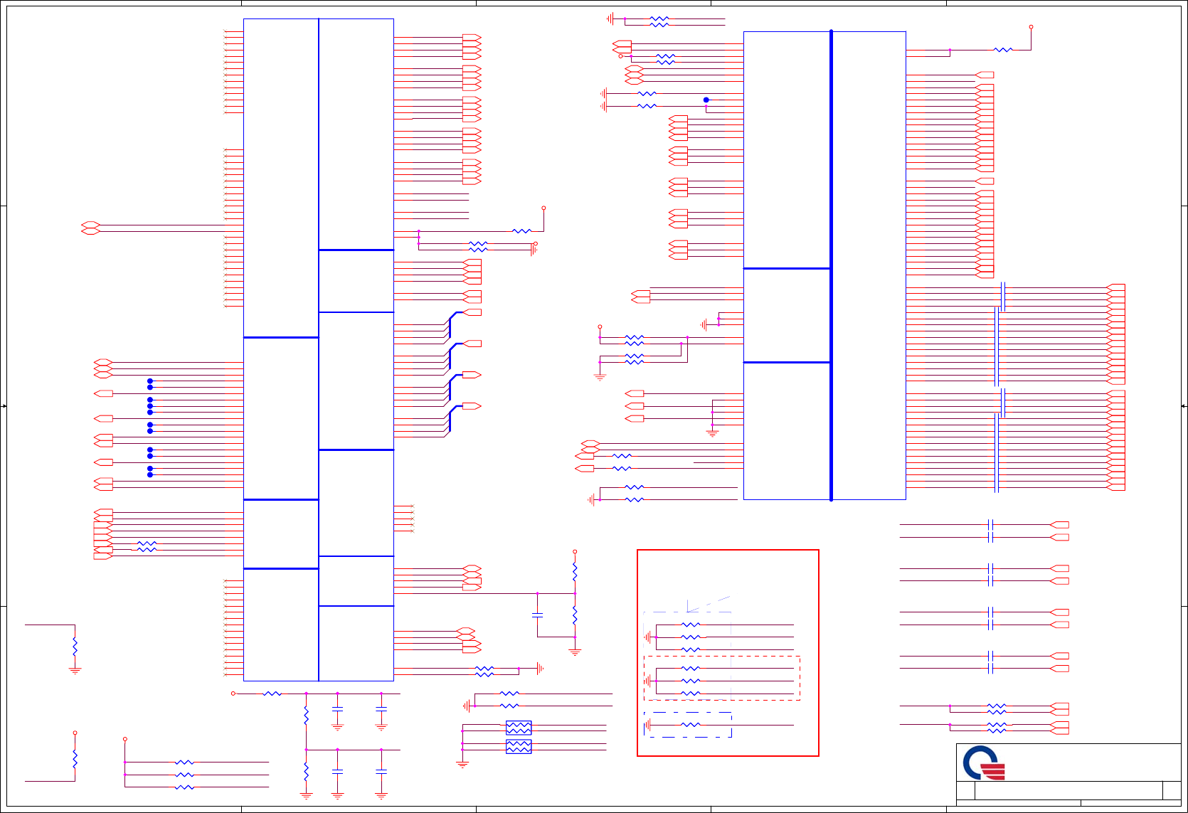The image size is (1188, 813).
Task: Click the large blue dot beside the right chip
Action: [706, 100]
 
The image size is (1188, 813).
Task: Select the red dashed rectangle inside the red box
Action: [722, 678]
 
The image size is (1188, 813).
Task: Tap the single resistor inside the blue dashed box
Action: [690, 725]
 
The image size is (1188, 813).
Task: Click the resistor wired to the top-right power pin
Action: [1003, 50]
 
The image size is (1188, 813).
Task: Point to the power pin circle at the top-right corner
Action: [1031, 27]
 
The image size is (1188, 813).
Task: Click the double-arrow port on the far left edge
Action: [90, 228]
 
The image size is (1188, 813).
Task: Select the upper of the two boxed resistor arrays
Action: [519, 728]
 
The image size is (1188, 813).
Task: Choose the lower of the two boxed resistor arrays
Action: [519, 746]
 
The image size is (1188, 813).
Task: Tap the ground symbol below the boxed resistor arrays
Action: [462, 765]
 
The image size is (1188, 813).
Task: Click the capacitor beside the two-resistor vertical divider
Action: [538, 615]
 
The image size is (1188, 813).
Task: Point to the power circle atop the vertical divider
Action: [575, 551]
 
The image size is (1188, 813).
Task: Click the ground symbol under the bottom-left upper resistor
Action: [75, 670]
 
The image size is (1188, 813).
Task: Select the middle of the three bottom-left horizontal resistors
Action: [184, 775]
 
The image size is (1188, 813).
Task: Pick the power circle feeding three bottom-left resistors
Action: [125, 739]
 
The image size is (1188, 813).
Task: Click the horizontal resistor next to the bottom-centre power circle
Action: [272, 694]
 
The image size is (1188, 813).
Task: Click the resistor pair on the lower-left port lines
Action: [147, 546]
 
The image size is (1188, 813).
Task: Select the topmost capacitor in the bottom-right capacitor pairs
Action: [990, 525]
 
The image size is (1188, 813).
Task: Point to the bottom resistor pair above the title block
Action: [997, 728]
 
